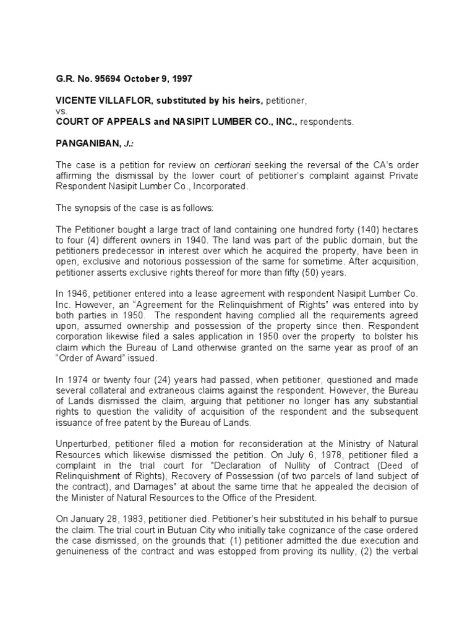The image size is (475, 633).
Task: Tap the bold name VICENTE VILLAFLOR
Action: pyautogui.click(x=98, y=101)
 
